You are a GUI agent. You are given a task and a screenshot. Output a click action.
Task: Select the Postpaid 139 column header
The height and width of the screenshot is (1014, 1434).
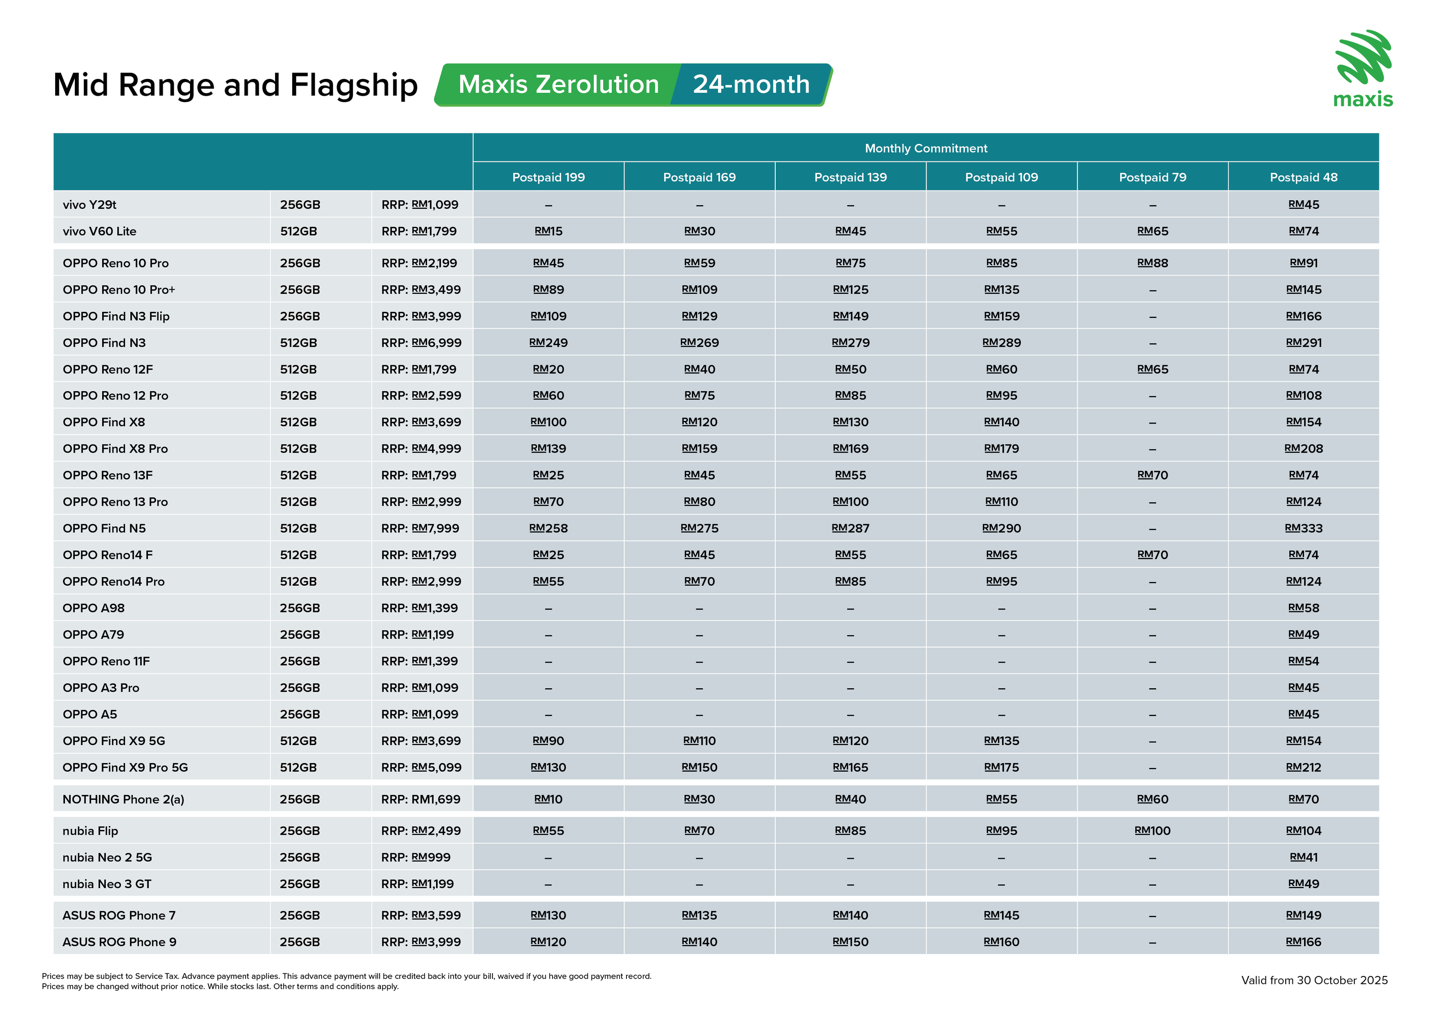850,177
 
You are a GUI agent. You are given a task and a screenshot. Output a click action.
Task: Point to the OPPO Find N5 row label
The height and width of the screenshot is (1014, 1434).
104,529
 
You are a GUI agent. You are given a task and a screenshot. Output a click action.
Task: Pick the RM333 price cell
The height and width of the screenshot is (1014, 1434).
1304,528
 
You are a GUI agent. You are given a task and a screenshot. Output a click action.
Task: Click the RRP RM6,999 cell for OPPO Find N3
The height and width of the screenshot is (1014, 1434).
421,343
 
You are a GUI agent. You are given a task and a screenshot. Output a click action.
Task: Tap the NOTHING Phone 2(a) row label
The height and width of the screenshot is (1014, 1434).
123,800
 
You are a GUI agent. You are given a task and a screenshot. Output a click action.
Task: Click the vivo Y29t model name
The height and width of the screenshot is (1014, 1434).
89,205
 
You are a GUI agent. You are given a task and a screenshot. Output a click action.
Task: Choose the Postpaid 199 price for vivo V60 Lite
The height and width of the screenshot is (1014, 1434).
549,232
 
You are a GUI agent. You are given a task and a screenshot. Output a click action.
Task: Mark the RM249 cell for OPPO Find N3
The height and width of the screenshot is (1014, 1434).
549,343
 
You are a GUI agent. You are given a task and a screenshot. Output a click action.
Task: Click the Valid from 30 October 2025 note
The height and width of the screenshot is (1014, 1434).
1314,980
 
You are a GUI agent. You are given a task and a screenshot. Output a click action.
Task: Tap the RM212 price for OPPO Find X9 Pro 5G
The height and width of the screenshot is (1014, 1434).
1304,768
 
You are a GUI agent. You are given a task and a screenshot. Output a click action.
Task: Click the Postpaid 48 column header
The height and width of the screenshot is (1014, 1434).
1304,177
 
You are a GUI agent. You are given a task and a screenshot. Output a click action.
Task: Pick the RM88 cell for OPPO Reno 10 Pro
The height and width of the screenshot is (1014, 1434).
1152,263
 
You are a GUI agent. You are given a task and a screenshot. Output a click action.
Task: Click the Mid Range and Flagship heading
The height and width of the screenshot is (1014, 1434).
235,85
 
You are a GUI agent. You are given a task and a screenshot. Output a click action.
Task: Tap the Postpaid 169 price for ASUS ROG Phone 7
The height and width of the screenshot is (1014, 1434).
700,916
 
